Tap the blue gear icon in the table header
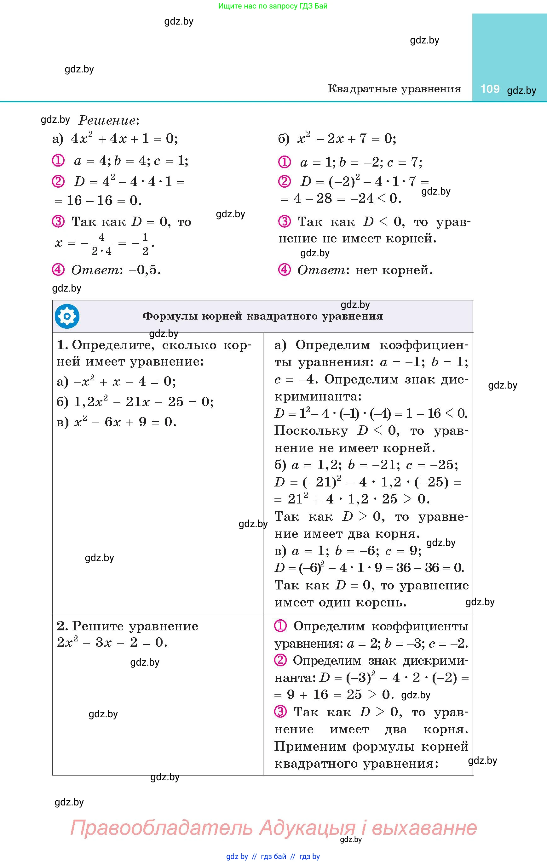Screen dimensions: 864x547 (x=67, y=316)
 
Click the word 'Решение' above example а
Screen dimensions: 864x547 (x=107, y=120)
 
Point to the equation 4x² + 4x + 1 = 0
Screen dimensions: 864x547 (x=124, y=139)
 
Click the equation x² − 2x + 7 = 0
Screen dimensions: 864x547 (x=347, y=139)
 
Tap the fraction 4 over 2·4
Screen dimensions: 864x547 (x=102, y=244)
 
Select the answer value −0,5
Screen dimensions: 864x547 (x=144, y=270)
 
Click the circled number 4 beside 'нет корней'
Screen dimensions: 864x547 (x=285, y=270)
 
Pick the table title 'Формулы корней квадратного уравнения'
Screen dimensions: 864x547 (x=262, y=316)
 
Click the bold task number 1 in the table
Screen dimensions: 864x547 (x=62, y=345)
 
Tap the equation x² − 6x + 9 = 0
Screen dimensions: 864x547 (x=125, y=422)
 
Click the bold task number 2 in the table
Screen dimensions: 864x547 (x=62, y=626)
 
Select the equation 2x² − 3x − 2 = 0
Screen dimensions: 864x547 (x=112, y=642)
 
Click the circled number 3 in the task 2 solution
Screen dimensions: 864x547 (x=280, y=711)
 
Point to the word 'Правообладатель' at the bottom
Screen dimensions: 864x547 (x=161, y=827)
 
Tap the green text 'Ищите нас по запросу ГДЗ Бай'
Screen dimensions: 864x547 (x=273, y=6)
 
